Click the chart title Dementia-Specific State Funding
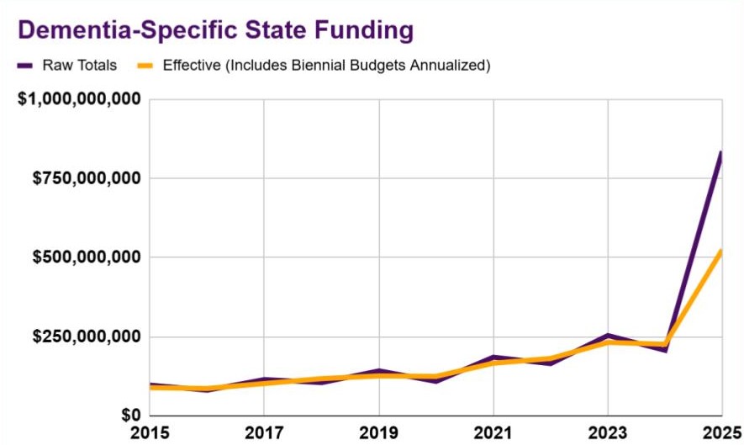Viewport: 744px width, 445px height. (x=215, y=29)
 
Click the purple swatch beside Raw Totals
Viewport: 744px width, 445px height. (x=25, y=65)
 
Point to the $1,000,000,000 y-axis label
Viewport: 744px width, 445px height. (x=79, y=99)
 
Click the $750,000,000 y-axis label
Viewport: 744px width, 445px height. (x=86, y=178)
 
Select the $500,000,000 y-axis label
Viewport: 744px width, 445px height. (x=86, y=257)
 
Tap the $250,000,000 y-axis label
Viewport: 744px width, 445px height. (x=86, y=336)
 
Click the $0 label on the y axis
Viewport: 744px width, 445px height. (x=129, y=416)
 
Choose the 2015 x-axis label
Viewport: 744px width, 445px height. (x=151, y=433)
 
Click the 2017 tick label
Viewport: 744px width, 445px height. (x=265, y=433)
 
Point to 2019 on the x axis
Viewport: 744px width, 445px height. (x=379, y=433)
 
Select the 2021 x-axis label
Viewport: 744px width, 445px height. (x=493, y=433)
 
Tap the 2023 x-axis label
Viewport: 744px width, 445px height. (x=608, y=433)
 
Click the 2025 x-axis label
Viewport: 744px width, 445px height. (x=720, y=433)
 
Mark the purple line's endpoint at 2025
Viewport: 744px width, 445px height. (x=720, y=153)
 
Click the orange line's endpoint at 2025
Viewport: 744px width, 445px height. (x=720, y=252)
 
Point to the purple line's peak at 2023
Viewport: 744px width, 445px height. (x=608, y=336)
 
